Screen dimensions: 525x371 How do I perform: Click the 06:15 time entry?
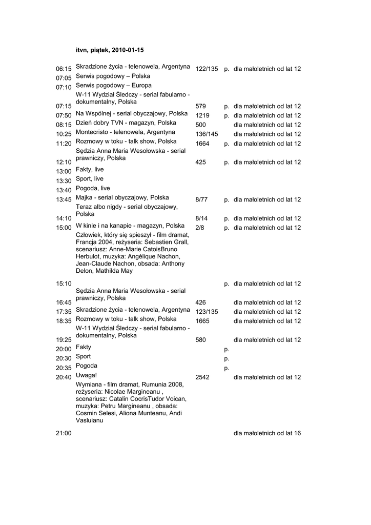[x=64, y=69]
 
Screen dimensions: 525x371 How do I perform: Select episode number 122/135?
[x=207, y=69]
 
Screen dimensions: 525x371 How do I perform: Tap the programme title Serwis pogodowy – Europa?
[x=113, y=85]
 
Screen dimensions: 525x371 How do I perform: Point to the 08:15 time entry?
[x=64, y=125]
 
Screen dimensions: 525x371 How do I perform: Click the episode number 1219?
[x=202, y=115]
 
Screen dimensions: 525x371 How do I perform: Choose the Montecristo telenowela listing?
[x=125, y=132]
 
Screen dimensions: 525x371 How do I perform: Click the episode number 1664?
[x=202, y=144]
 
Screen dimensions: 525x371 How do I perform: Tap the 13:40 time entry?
[x=64, y=190]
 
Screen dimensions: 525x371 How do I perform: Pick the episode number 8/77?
[x=201, y=199]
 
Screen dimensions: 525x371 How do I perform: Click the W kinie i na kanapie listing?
[x=130, y=225]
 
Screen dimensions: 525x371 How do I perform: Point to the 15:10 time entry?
[x=64, y=284]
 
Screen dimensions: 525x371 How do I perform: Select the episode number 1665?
[x=202, y=321]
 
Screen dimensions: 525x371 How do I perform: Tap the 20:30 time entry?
[x=64, y=359]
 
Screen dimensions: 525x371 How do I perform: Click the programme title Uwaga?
[x=87, y=375]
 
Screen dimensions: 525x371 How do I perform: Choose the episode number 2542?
[x=202, y=377]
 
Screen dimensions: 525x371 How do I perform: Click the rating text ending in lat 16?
[x=267, y=433]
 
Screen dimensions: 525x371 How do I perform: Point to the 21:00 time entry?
[x=64, y=433]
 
